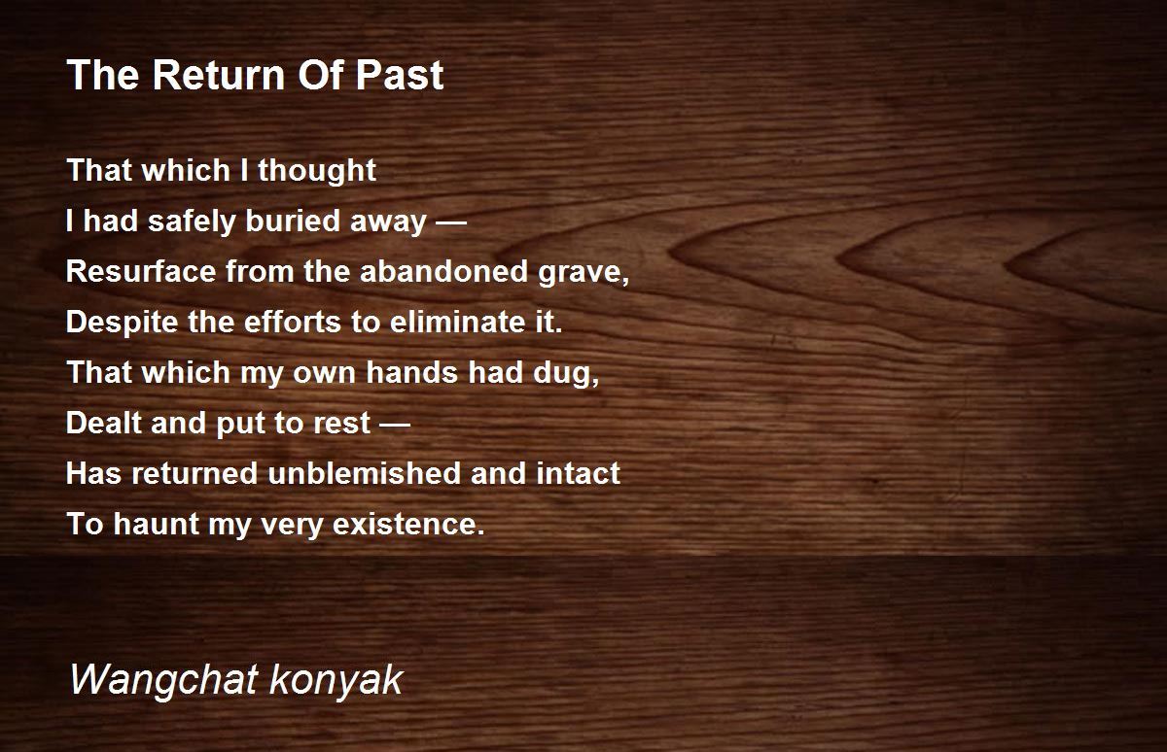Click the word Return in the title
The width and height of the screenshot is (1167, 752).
(219, 75)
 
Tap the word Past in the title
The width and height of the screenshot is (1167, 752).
(400, 75)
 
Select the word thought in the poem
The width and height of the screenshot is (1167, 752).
(317, 171)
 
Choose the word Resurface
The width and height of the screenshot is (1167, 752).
(141, 271)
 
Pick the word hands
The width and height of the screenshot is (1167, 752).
(411, 372)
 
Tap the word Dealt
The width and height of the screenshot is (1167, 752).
(104, 423)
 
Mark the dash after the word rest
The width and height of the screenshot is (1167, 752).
(395, 426)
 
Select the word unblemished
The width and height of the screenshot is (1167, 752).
(364, 473)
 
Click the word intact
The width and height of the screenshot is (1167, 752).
(579, 473)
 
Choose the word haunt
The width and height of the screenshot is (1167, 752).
(157, 524)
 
